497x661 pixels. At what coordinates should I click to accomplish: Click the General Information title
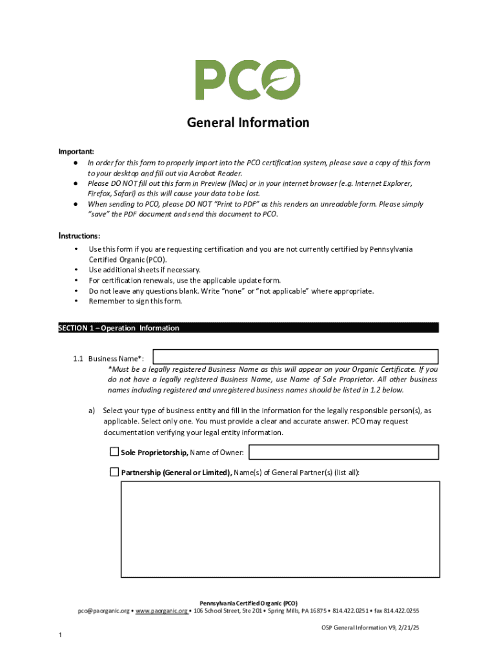point(248,123)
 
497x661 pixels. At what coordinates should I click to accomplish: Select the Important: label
point(76,151)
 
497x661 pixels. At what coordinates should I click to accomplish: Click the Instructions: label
point(79,236)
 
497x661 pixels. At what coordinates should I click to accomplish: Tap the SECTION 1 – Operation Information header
point(119,328)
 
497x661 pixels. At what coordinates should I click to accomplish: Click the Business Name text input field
point(295,357)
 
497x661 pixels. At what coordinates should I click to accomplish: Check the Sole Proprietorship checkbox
point(114,452)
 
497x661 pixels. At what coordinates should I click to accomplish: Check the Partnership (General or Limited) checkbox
point(114,473)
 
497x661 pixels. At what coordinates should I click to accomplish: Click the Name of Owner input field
point(343,452)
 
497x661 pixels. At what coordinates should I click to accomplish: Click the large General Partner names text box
point(280,529)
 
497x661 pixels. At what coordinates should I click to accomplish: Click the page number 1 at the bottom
point(60,636)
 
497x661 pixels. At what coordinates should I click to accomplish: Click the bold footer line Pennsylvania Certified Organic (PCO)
point(248,603)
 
